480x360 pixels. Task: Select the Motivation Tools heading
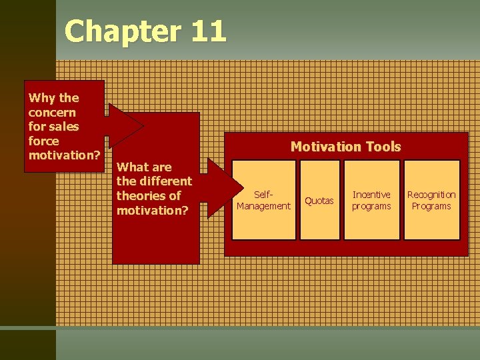click(345, 147)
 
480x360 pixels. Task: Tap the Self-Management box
click(263, 200)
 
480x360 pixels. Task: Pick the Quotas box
click(319, 200)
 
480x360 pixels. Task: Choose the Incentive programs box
click(371, 200)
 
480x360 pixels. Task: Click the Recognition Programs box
click(431, 200)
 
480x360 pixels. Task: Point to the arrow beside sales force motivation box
click(125, 125)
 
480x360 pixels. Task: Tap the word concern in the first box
click(52, 112)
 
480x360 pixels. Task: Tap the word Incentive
click(371, 195)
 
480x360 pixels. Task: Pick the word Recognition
click(431, 195)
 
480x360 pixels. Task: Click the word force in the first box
click(43, 141)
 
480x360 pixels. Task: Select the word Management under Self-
click(263, 206)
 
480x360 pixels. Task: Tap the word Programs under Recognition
click(431, 206)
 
